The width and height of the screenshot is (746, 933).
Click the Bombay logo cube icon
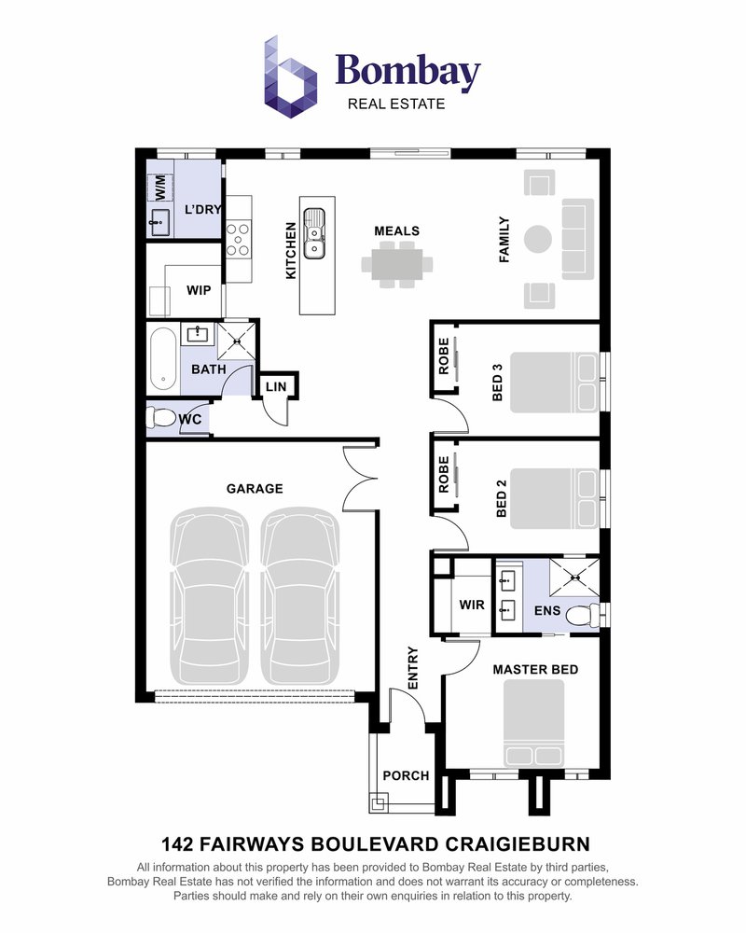(x=290, y=77)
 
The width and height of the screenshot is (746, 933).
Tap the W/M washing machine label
(x=160, y=188)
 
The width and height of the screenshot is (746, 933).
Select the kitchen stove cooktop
(x=238, y=239)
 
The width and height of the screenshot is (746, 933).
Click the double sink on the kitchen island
(x=313, y=233)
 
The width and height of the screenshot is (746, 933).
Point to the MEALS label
(x=397, y=230)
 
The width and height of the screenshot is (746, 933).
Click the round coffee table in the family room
(x=538, y=239)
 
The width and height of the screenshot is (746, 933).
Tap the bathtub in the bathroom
(x=163, y=359)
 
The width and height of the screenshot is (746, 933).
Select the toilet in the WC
(x=160, y=417)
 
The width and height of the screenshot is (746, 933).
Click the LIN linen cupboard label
(x=276, y=387)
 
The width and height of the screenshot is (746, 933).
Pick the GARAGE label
(x=255, y=489)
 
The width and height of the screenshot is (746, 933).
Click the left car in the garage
(x=210, y=595)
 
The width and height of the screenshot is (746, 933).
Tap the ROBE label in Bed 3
(x=444, y=356)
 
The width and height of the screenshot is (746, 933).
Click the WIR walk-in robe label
(x=472, y=606)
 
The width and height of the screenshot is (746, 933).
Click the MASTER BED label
(x=535, y=669)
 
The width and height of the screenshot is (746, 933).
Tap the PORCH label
(x=406, y=776)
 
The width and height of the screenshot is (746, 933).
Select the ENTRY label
(x=413, y=668)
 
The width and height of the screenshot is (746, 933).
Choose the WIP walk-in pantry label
(x=199, y=290)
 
